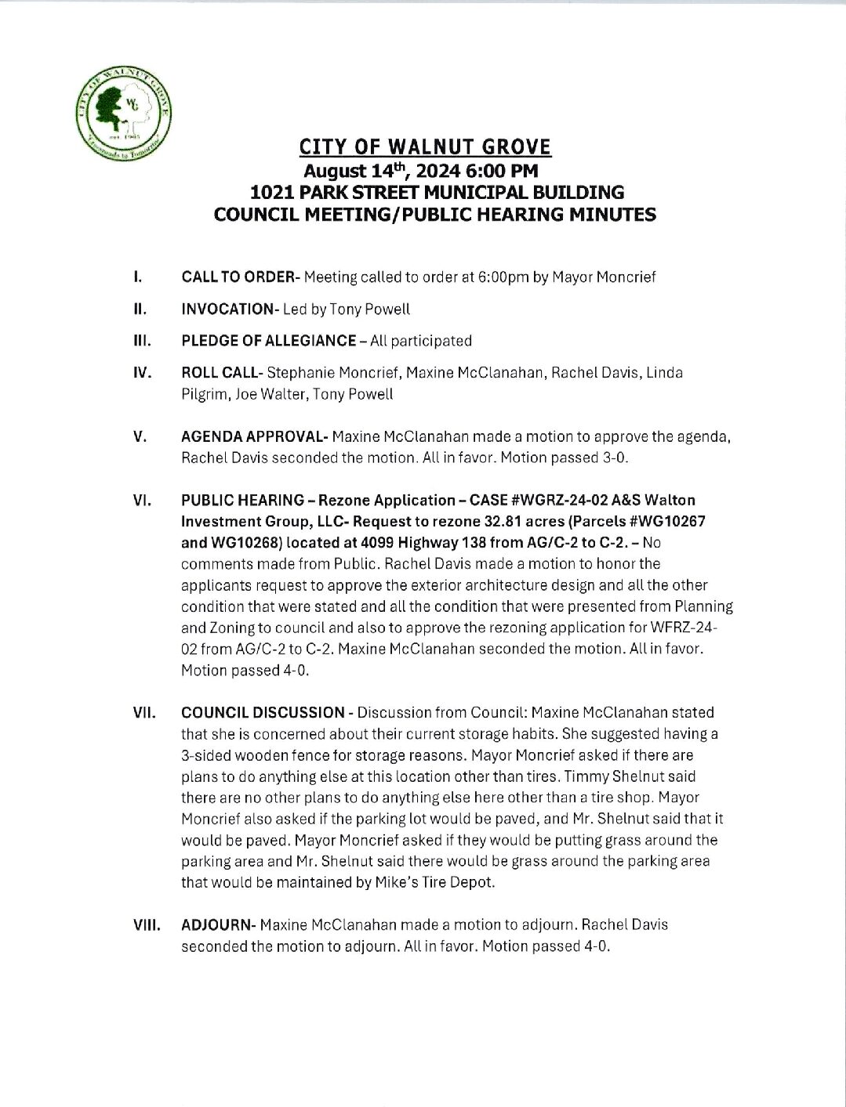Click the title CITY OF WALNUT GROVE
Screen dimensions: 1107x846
(426, 147)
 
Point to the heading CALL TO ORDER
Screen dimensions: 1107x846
(238, 277)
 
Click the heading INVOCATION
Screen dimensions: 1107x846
(226, 309)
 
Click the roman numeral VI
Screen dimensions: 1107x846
(142, 500)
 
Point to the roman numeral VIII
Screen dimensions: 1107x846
(146, 924)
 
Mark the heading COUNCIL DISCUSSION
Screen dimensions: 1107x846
(263, 713)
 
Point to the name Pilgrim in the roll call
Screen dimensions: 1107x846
(203, 394)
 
